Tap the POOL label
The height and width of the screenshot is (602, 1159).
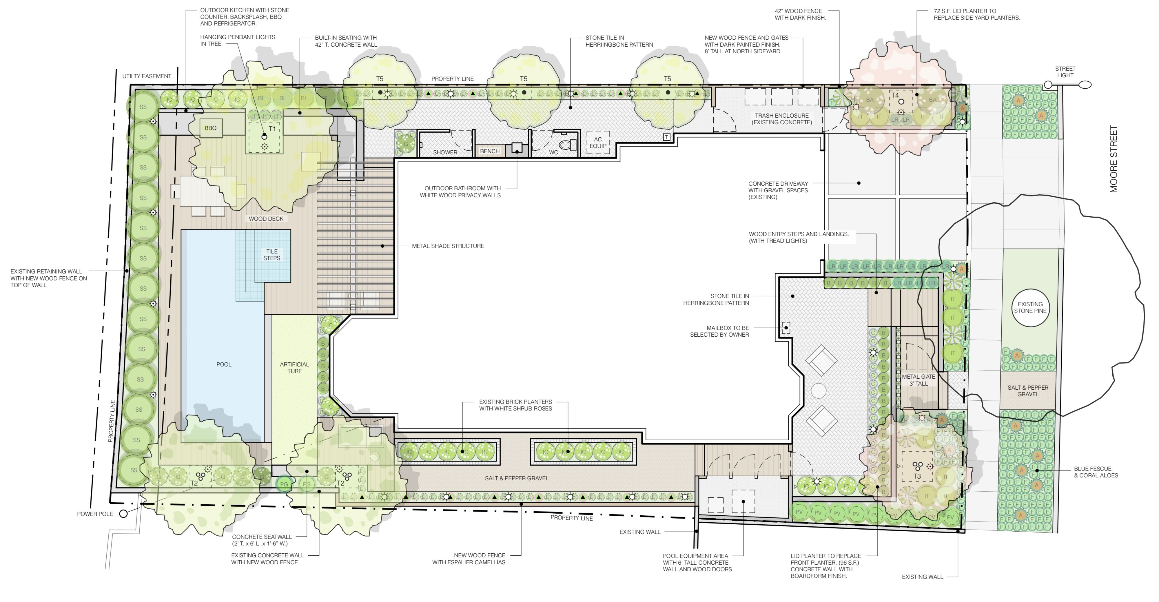(224, 364)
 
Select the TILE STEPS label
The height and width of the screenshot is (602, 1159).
(272, 255)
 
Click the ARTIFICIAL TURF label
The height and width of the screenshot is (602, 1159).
(294, 368)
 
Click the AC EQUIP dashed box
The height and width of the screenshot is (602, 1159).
(598, 143)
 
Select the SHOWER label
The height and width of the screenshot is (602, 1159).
(445, 152)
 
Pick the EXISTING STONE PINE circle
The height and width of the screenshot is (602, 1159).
(1030, 307)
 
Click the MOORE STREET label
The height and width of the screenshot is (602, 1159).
(1114, 159)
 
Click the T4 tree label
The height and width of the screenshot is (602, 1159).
(895, 95)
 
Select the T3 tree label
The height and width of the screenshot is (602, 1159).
(917, 476)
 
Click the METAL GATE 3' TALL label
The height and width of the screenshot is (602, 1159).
(918, 380)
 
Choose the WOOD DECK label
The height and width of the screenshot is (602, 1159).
(266, 219)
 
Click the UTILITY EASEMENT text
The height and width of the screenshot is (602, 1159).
(147, 76)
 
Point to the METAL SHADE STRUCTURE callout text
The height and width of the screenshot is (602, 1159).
(448, 246)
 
